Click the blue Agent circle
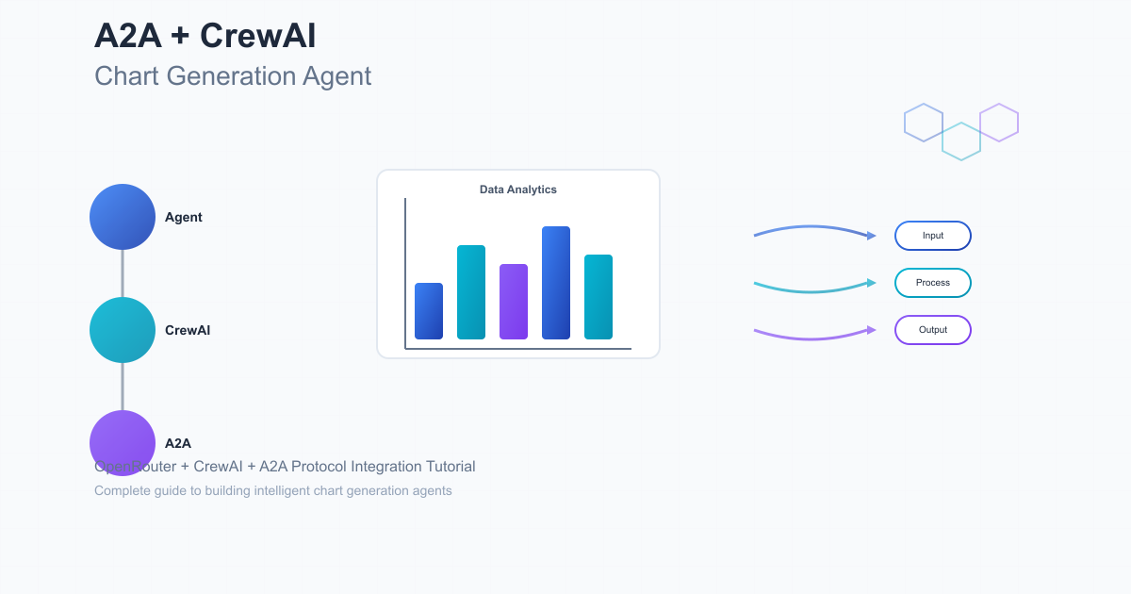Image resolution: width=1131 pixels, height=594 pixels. tap(123, 217)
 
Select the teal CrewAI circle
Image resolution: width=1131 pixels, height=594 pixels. tap(123, 330)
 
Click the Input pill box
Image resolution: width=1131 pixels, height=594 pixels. tap(932, 236)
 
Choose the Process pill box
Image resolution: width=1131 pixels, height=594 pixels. tap(932, 283)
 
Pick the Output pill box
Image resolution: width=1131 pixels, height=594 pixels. tap(932, 330)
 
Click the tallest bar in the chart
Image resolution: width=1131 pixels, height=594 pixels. tap(556, 282)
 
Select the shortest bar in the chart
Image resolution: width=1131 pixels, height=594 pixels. tap(429, 310)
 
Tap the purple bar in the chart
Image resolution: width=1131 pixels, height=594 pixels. tap(514, 301)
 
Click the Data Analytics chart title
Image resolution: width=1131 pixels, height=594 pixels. tap(518, 190)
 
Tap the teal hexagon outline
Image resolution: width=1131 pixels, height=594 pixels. tap(961, 141)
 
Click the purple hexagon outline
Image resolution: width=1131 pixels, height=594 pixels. tap(999, 123)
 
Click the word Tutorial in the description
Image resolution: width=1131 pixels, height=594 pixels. tap(451, 466)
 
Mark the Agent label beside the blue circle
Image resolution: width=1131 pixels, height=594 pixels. tap(184, 217)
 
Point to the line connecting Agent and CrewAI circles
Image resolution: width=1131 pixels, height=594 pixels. tap(123, 273)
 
